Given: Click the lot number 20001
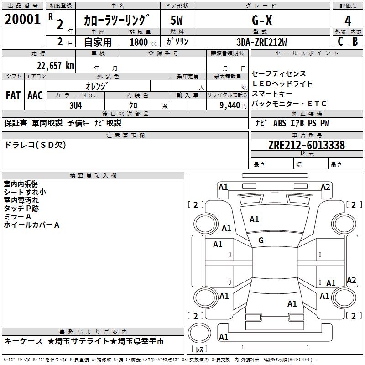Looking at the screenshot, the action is pyautogui.click(x=22, y=20).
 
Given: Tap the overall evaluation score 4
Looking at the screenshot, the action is pyautogui.click(x=348, y=21).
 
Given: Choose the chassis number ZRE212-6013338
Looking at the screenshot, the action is pyautogui.click(x=307, y=145).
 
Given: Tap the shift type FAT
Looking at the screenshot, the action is pyautogui.click(x=13, y=95).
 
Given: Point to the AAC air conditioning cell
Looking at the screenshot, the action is pyautogui.click(x=35, y=95).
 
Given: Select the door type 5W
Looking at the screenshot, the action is pyautogui.click(x=177, y=20).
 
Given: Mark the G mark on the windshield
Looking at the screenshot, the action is pyautogui.click(x=261, y=240).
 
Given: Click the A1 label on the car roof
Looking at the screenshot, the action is pyautogui.click(x=292, y=303).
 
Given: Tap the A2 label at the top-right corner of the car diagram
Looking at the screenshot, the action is pyautogui.click(x=325, y=187).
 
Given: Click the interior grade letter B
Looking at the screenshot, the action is pyautogui.click(x=355, y=41).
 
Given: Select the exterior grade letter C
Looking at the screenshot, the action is pyautogui.click(x=340, y=41).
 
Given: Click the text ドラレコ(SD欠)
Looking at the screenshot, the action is pyautogui.click(x=35, y=145).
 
